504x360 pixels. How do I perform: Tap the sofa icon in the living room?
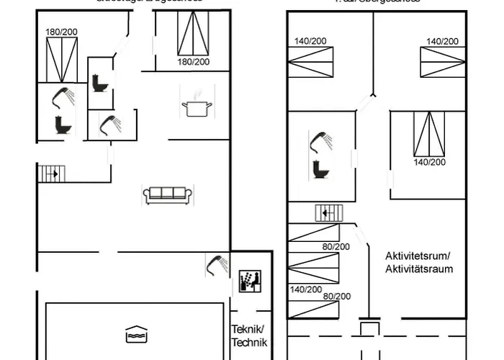(x=167, y=194)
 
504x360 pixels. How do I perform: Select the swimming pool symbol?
(x=135, y=335)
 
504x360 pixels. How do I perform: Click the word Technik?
(x=249, y=343)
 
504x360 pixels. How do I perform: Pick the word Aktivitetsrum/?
(x=418, y=256)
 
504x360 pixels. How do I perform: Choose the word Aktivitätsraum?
(x=418, y=269)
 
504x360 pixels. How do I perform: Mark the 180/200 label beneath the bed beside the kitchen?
(x=194, y=62)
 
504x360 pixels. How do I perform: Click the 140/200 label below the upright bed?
(x=430, y=162)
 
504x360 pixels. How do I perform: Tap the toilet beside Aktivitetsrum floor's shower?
(x=319, y=169)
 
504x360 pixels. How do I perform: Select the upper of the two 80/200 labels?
(x=336, y=246)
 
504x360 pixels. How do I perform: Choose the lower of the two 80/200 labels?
(x=336, y=296)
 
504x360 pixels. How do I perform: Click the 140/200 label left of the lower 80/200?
(x=305, y=289)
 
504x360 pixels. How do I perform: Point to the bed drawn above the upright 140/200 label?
(x=429, y=135)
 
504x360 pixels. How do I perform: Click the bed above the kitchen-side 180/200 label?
(x=193, y=34)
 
